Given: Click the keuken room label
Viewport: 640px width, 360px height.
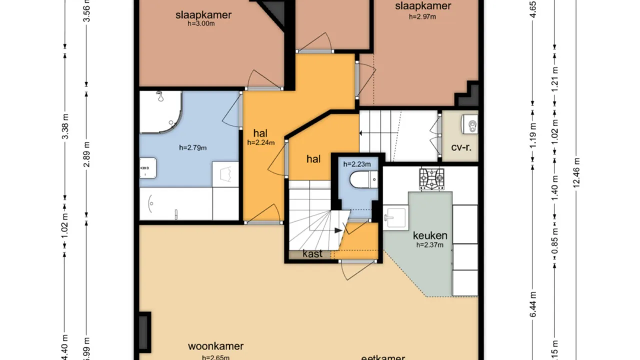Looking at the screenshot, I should tap(430, 235).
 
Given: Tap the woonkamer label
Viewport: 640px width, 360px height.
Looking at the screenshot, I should tap(215, 346).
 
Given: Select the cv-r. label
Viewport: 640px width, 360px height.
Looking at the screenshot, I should tap(461, 148).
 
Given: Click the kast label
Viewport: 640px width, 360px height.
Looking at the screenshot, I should tap(312, 254).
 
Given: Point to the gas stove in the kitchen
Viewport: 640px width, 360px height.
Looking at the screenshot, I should tap(431, 178).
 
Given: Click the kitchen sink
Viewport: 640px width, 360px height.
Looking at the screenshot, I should tap(395, 216).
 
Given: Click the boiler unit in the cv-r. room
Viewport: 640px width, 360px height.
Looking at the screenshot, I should tap(470, 124).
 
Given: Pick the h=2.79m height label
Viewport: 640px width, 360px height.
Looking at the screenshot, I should tap(193, 147).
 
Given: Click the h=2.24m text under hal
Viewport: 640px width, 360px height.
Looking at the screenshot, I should tap(261, 142).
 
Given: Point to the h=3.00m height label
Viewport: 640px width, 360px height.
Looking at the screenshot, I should tap(201, 23).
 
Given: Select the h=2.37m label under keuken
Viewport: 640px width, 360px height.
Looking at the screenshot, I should tap(430, 245).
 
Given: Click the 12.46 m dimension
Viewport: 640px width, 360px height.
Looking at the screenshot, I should tap(577, 173).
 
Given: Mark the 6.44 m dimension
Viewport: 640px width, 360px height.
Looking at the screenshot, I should tap(533, 304).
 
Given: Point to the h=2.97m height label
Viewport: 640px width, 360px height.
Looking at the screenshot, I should tap(422, 16).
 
